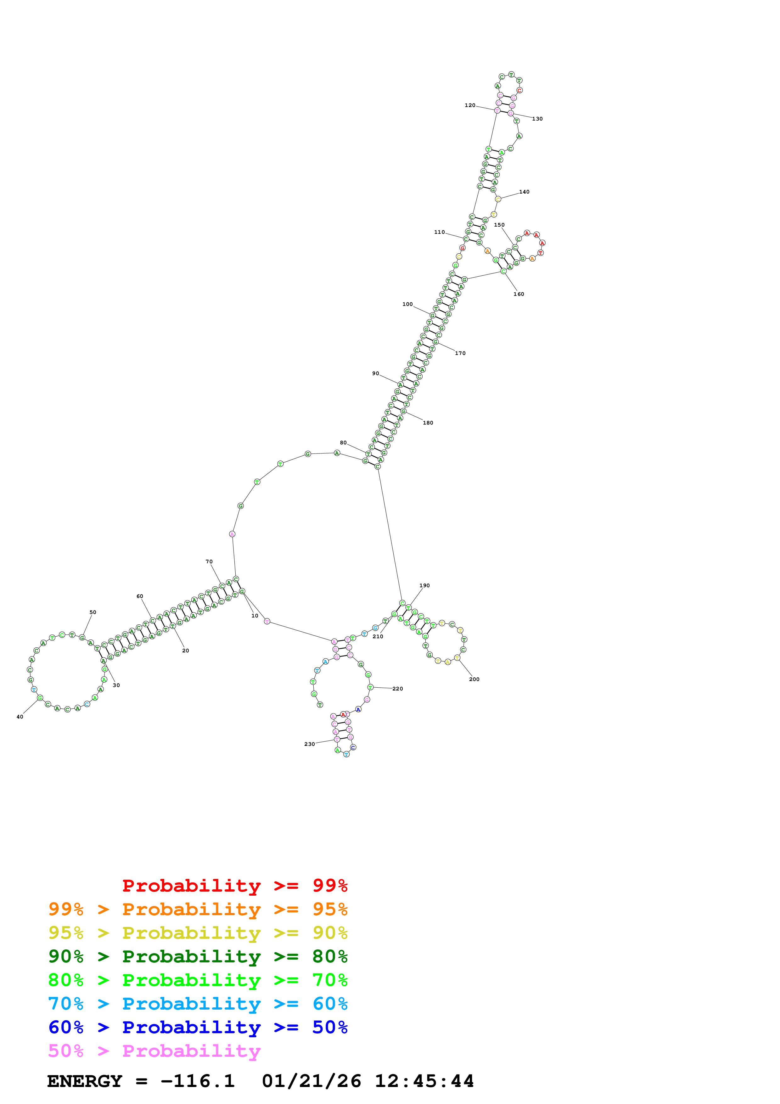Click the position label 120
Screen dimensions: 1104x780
tap(469, 105)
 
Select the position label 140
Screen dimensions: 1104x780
tap(524, 192)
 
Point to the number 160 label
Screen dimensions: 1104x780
tap(519, 294)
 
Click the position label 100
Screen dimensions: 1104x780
tap(407, 304)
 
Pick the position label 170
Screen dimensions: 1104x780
tap(460, 353)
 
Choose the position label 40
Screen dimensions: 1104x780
tap(20, 717)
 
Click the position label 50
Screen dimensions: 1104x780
tap(93, 613)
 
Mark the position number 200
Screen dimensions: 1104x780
tap(474, 679)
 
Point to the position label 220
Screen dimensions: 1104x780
tap(397, 689)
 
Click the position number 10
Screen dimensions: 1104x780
tap(255, 616)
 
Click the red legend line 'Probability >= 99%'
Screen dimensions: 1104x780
tap(234, 886)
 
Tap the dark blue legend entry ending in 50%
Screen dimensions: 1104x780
tap(198, 1028)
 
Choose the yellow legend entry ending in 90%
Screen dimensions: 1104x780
tap(198, 933)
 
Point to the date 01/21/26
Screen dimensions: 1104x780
tap(311, 1081)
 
